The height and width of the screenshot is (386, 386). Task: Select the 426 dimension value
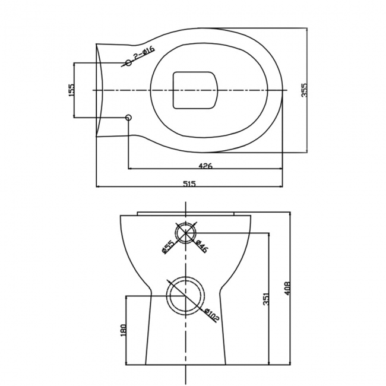205,166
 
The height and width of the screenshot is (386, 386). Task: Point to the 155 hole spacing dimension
71,90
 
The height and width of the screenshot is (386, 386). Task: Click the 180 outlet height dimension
124,330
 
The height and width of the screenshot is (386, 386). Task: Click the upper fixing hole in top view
128,62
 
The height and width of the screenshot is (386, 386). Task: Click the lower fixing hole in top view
128,118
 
